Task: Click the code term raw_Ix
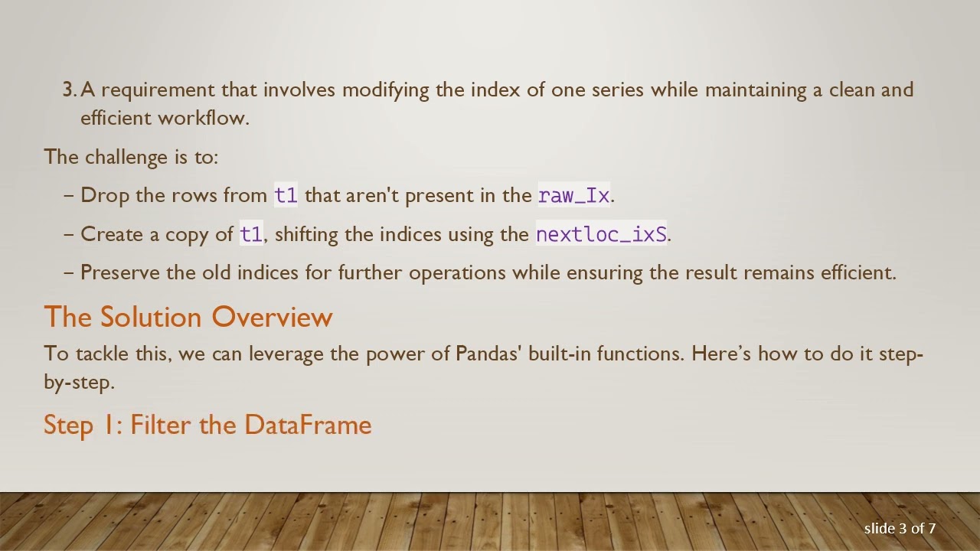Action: click(x=574, y=195)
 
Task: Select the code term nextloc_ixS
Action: click(x=601, y=234)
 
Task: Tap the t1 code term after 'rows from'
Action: click(x=286, y=195)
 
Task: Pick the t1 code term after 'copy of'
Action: click(x=251, y=234)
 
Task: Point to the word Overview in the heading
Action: click(x=272, y=317)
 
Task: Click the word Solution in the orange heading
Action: click(x=152, y=317)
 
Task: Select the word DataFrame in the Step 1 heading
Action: click(x=308, y=425)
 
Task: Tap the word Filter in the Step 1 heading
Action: click(x=162, y=425)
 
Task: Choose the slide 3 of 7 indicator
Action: click(x=900, y=528)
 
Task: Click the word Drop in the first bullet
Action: click(x=105, y=195)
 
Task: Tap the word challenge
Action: click(x=126, y=157)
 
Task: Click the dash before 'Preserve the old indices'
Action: click(x=69, y=272)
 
